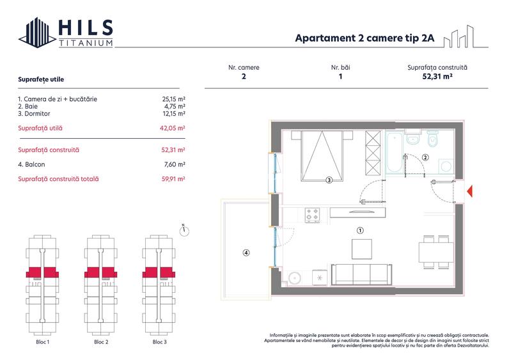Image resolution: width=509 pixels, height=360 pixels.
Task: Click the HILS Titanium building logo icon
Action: (x=37, y=33)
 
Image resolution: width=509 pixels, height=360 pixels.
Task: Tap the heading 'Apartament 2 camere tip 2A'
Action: (x=364, y=38)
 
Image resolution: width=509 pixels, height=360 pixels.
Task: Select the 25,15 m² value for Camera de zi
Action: (x=174, y=99)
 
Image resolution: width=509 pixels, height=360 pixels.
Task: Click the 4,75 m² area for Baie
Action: (x=176, y=107)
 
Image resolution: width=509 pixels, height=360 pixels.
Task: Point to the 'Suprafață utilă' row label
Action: (x=40, y=128)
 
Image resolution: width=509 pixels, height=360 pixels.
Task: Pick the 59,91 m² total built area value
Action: (x=173, y=178)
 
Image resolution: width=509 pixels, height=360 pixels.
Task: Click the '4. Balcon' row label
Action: (x=31, y=164)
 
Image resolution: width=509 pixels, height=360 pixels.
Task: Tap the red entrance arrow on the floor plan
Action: (x=470, y=191)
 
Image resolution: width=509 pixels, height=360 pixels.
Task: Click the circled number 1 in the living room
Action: (x=360, y=230)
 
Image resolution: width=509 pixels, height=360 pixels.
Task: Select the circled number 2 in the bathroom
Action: (x=425, y=157)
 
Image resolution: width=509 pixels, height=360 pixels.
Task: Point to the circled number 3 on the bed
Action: (x=329, y=180)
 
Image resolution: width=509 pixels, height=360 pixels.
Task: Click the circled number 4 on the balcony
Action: (x=246, y=252)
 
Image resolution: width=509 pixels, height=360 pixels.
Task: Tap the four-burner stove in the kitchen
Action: (x=312, y=215)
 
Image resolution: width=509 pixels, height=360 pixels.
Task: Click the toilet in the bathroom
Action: (x=433, y=138)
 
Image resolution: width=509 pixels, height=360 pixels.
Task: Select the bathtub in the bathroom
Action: (x=395, y=153)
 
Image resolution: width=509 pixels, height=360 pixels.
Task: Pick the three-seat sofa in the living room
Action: (x=362, y=274)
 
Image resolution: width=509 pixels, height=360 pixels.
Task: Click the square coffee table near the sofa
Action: (x=362, y=249)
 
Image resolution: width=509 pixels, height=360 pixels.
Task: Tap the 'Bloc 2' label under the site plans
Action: (x=101, y=342)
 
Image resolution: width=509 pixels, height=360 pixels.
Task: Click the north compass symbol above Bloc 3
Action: (x=184, y=230)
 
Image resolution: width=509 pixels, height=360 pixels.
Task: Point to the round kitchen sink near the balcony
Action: (x=295, y=278)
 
